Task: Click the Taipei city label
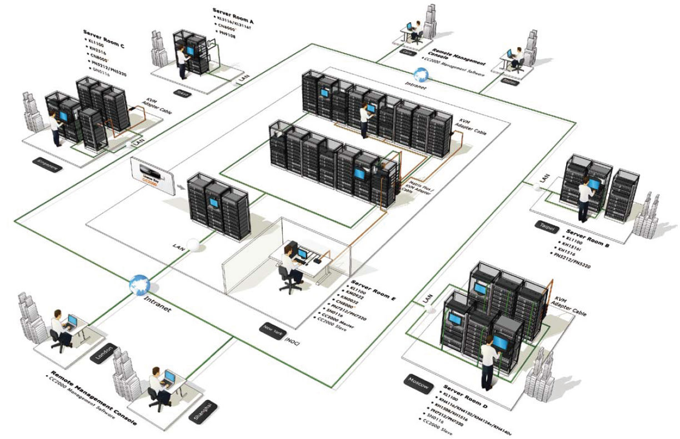(546, 225)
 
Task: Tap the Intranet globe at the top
(421, 73)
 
